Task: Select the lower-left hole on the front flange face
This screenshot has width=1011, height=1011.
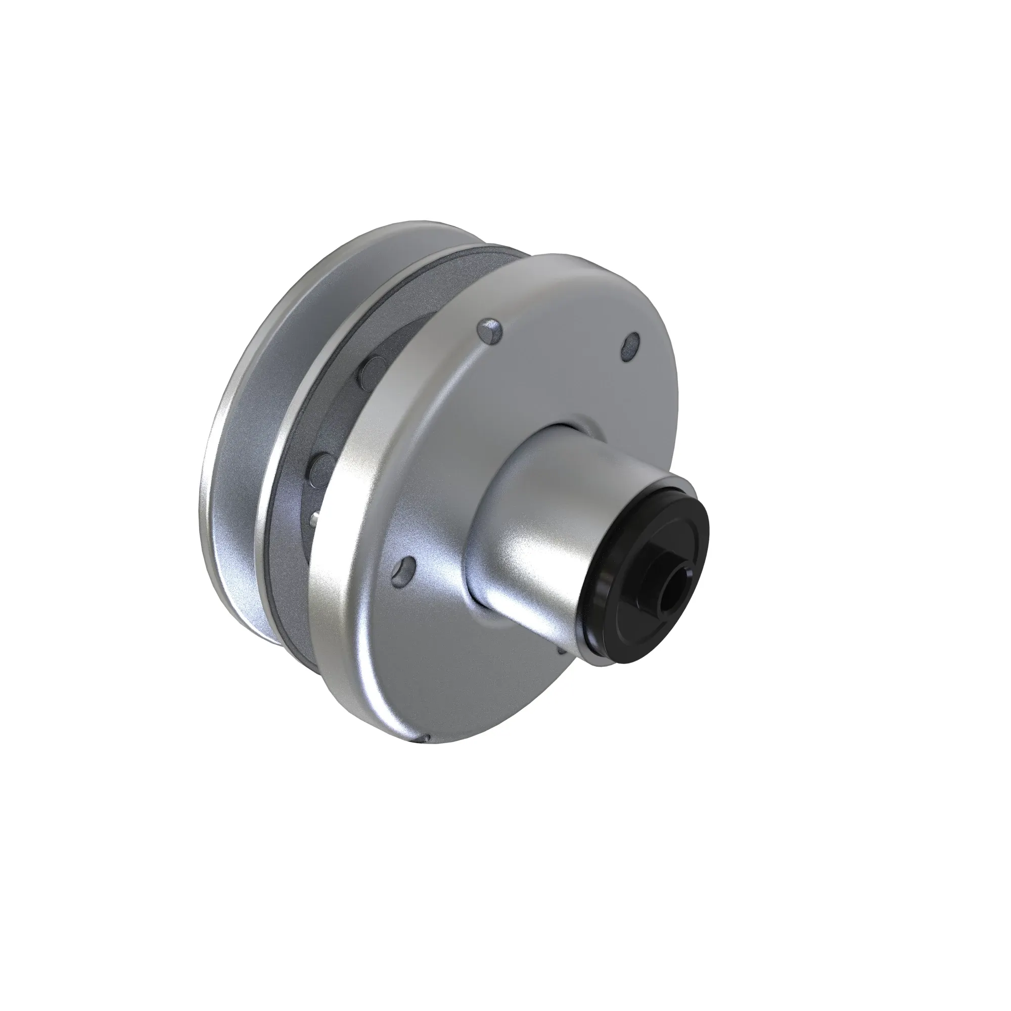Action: [x=404, y=568]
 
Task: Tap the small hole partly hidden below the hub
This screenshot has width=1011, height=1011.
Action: [x=561, y=651]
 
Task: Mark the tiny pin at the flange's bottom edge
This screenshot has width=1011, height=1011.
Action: [x=426, y=740]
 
